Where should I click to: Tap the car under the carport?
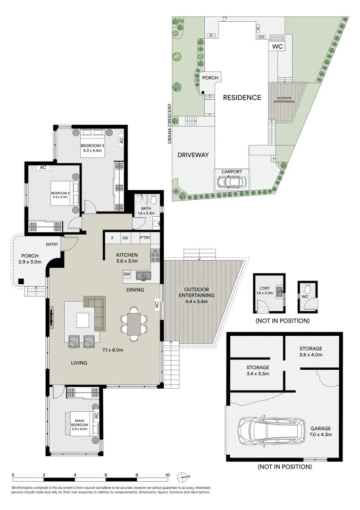231,181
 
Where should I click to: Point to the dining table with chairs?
134,325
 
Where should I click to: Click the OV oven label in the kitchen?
126,238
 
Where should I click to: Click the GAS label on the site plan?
260,36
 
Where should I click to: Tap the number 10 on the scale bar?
167,475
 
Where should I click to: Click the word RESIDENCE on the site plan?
242,98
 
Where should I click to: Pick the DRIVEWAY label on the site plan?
193,155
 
